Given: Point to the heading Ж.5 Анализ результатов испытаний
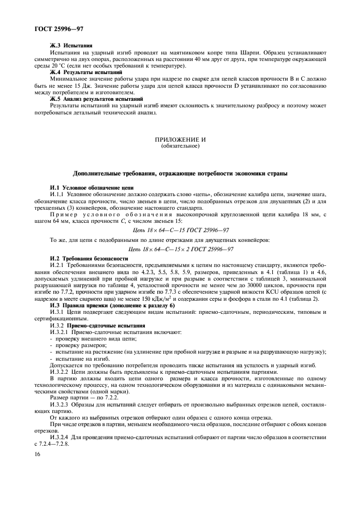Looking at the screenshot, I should (x=96, y=99).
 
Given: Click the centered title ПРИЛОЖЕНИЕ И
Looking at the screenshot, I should (x=180, y=139).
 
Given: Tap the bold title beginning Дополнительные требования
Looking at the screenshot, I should (x=180, y=173).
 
